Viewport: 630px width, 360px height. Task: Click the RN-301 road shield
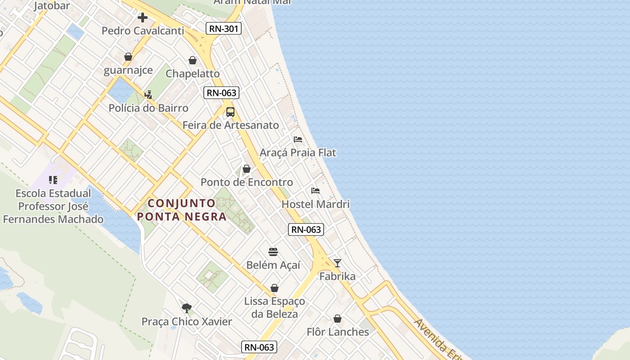pyautogui.click(x=224, y=29)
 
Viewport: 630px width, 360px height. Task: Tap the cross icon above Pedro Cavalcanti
pyautogui.click(x=143, y=18)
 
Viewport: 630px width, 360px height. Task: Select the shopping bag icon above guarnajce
pyautogui.click(x=128, y=57)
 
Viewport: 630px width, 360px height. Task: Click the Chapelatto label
pyautogui.click(x=193, y=73)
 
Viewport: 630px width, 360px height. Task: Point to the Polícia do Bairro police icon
pyautogui.click(x=148, y=95)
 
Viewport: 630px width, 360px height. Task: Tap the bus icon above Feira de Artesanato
pyautogui.click(x=230, y=112)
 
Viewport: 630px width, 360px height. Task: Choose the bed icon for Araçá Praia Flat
pyautogui.click(x=297, y=139)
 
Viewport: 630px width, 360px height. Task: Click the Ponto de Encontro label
pyautogui.click(x=247, y=182)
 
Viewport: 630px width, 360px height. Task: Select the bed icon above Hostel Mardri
pyautogui.click(x=315, y=191)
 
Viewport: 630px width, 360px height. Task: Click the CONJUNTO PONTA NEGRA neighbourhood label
pyautogui.click(x=182, y=210)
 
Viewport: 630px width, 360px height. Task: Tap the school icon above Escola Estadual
pyautogui.click(x=53, y=180)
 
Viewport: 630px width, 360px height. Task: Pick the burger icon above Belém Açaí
pyautogui.click(x=273, y=252)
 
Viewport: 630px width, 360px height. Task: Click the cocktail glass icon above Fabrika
pyautogui.click(x=337, y=263)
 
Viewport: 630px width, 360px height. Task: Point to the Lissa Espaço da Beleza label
pyautogui.click(x=274, y=307)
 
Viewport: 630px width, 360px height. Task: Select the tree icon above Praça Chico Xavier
pyautogui.click(x=187, y=308)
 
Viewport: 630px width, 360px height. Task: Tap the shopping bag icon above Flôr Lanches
pyautogui.click(x=337, y=319)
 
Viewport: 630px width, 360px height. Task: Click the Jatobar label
pyautogui.click(x=52, y=6)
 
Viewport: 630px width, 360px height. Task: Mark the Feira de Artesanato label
pyautogui.click(x=230, y=125)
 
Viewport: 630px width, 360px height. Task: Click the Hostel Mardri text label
pyautogui.click(x=315, y=204)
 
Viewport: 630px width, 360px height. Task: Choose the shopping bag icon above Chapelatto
pyautogui.click(x=193, y=60)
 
